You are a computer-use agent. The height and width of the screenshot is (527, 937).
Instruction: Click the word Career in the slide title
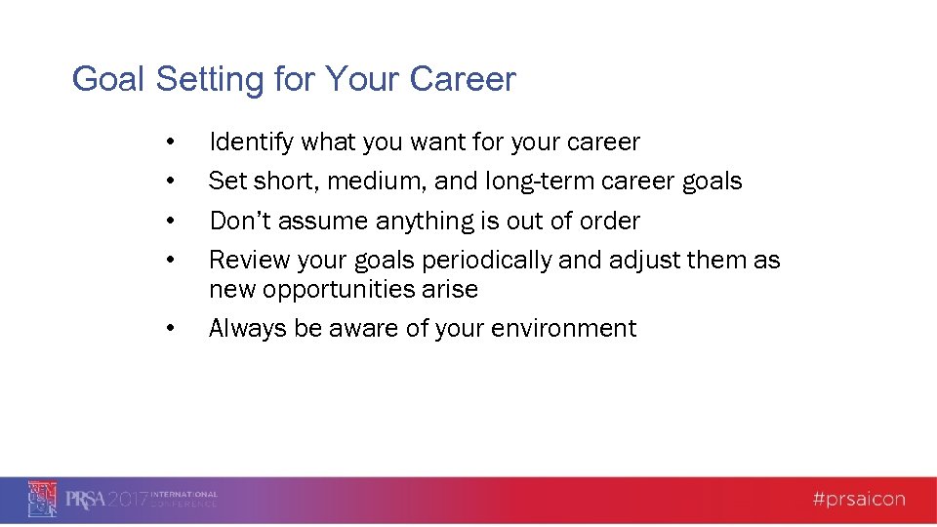[465, 79]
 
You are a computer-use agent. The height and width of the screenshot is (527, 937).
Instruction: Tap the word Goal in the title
[106, 79]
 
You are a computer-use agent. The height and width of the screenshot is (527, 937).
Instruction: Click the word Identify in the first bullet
[251, 142]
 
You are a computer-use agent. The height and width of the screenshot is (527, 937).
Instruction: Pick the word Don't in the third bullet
[240, 222]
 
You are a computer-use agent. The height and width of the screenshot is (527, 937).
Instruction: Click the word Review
[242, 261]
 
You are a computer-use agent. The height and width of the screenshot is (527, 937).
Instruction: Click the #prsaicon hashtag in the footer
[858, 500]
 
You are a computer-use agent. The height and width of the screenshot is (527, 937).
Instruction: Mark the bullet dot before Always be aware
[171, 329]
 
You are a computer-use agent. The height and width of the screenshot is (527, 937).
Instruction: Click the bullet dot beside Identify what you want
[171, 142]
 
